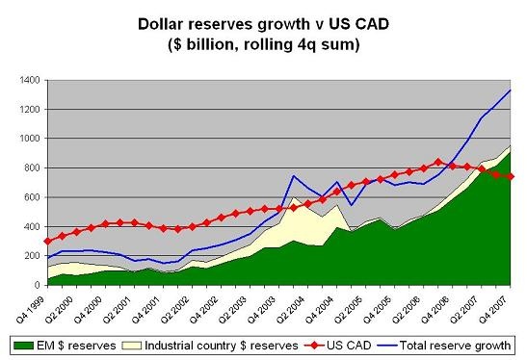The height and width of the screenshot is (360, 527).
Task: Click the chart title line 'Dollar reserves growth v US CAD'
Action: point(264,20)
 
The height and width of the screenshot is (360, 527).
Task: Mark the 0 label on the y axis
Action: point(33,286)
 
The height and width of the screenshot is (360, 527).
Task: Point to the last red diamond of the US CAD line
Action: point(511,176)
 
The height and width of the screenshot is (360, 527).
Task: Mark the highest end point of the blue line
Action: point(511,90)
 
